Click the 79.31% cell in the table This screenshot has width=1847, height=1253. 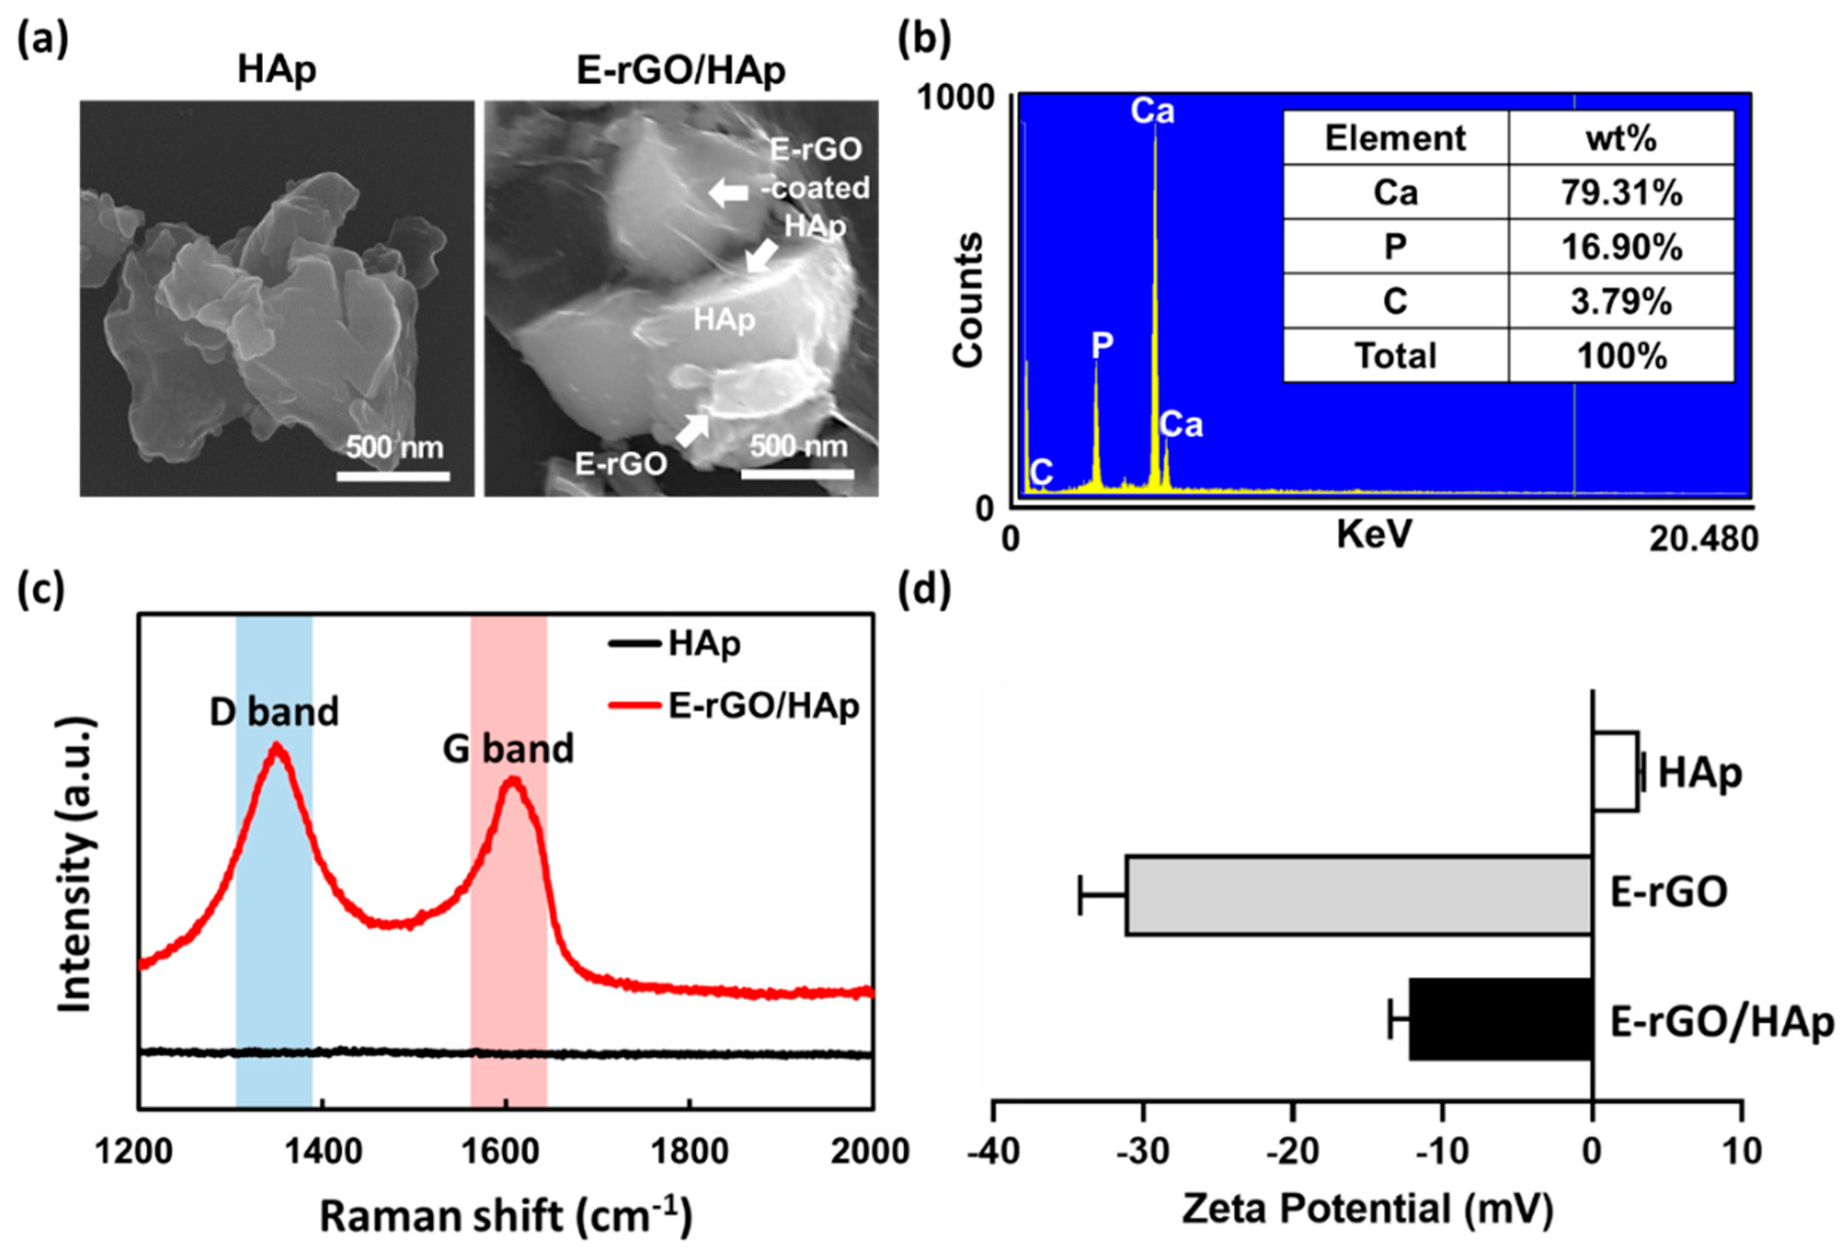click(x=1621, y=193)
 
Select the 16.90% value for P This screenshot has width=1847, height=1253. click(x=1621, y=247)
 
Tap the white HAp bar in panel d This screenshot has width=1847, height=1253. click(x=1615, y=772)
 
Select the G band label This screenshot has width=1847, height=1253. click(x=508, y=749)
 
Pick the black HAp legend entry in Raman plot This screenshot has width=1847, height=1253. click(x=675, y=644)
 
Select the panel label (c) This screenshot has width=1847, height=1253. click(x=41, y=592)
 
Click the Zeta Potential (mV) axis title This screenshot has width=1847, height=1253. click(x=1367, y=1209)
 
